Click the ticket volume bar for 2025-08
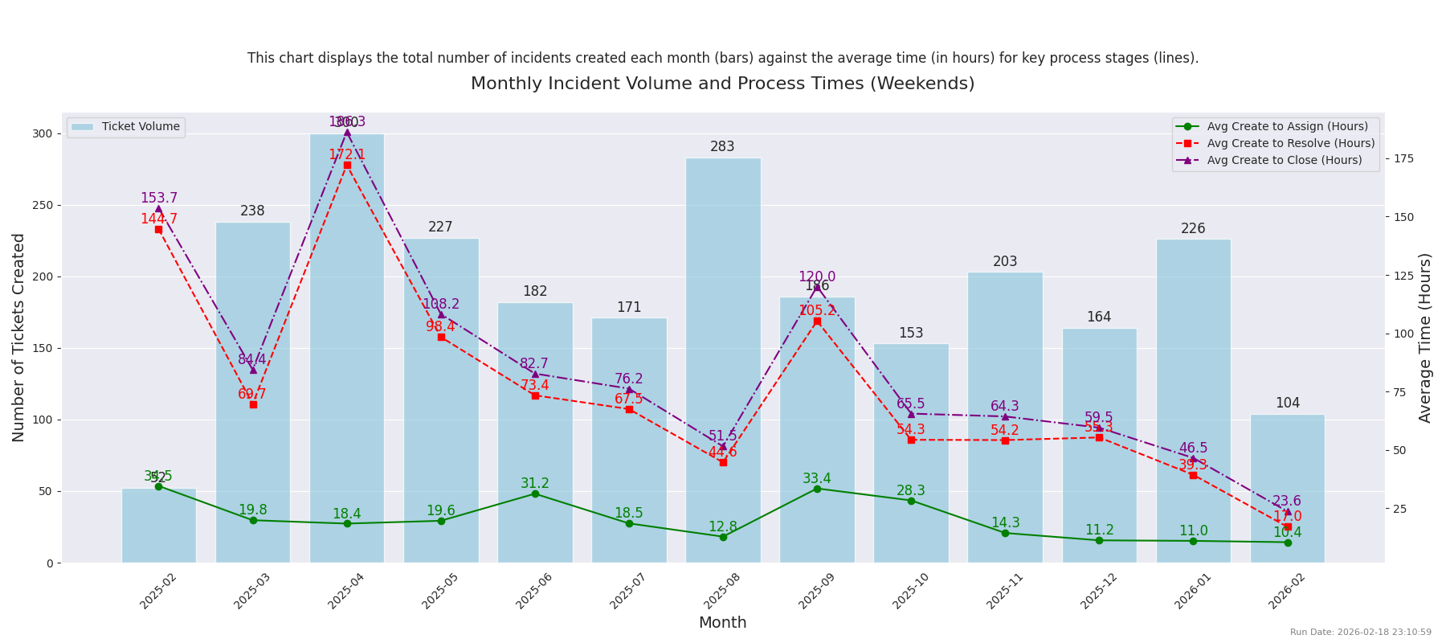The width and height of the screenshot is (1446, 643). pos(723,362)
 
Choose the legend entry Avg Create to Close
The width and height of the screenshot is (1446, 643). pos(1284,160)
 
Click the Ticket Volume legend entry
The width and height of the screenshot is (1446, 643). pos(140,127)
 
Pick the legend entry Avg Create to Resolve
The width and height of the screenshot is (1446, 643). pos(1290,143)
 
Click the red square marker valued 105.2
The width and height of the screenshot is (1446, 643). pos(817,321)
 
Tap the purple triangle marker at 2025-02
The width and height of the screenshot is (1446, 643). pos(158,209)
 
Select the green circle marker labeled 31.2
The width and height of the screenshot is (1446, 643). pos(535,494)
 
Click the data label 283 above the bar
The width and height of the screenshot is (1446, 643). pos(722,147)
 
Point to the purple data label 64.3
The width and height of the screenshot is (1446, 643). pos(1004,407)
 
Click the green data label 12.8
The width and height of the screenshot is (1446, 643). pos(722,527)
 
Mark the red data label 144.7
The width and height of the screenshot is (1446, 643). pos(159,219)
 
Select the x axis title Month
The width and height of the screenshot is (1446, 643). pos(722,623)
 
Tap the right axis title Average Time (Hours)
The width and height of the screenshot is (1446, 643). pos(1425,338)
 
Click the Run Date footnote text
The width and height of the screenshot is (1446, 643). pos(1360,633)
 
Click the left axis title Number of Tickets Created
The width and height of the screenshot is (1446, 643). pos(19,338)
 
